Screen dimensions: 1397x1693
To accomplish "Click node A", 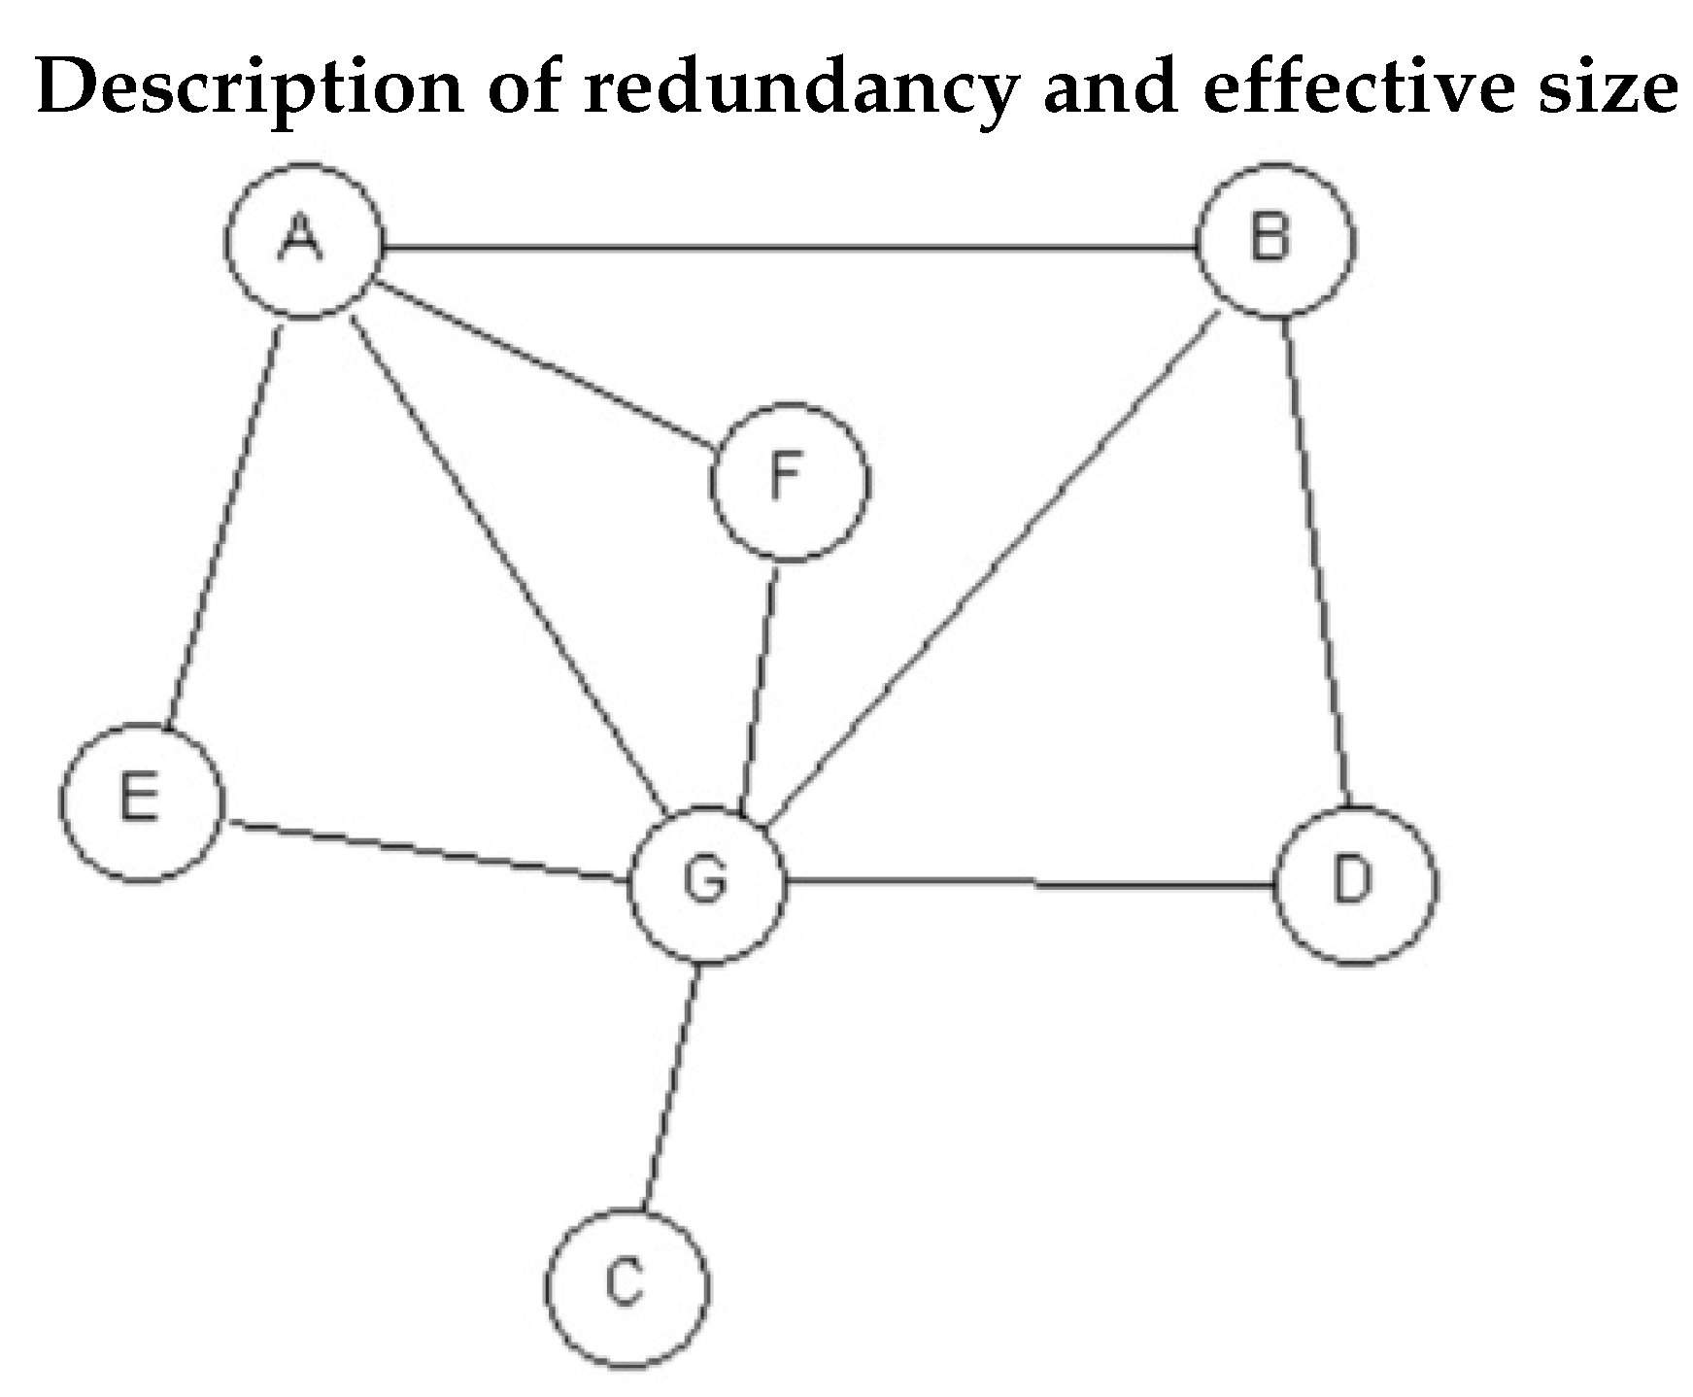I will pyautogui.click(x=301, y=240).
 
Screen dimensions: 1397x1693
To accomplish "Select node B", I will pyautogui.click(x=1273, y=239).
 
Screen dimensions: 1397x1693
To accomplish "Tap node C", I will pyautogui.click(x=626, y=1287).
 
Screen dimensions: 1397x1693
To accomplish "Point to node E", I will pyautogui.click(x=142, y=802).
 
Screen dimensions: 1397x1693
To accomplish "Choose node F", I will pyautogui.click(x=790, y=482).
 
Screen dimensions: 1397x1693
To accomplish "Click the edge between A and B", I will pyautogui.click(x=787, y=250).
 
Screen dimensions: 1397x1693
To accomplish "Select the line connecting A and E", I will pyautogui.click(x=224, y=525).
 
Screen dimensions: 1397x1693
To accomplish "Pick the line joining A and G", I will pyautogui.click(x=505, y=563).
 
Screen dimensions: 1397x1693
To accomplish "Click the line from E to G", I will pyautogui.click(x=427, y=852).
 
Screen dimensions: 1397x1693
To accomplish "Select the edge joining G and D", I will pyautogui.click(x=1030, y=884).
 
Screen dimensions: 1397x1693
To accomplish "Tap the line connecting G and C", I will pyautogui.click(x=670, y=1088).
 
